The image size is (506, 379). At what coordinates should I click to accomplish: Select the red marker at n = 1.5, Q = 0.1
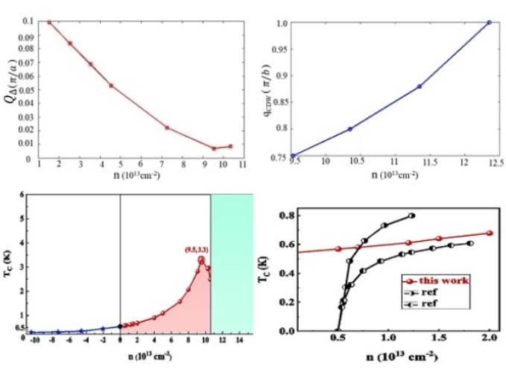(49, 22)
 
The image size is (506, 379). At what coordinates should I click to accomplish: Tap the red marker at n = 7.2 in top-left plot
(167, 128)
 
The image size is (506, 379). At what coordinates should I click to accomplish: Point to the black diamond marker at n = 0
(120, 326)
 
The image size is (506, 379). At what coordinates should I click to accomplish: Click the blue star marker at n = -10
(32, 332)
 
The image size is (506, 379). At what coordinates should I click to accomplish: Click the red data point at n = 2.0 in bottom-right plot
(490, 233)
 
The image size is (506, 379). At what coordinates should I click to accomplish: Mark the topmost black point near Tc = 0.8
(411, 216)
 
